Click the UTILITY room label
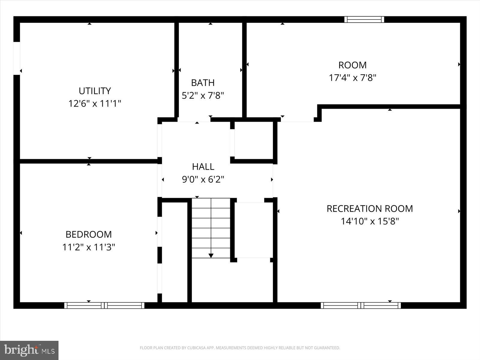click(x=95, y=91)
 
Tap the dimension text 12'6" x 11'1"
click(x=95, y=104)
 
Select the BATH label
click(x=203, y=82)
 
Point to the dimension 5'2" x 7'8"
click(x=203, y=96)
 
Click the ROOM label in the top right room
click(x=352, y=65)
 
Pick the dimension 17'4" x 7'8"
click(x=352, y=78)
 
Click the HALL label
click(x=203, y=166)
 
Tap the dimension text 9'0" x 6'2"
click(x=203, y=180)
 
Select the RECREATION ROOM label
click(x=370, y=208)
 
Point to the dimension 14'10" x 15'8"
click(x=370, y=221)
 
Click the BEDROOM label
click(x=88, y=234)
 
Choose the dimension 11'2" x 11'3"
click(x=88, y=247)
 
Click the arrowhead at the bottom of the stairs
click(x=211, y=256)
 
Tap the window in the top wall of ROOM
click(x=364, y=19)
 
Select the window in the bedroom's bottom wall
click(x=104, y=305)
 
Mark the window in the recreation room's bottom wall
click(x=361, y=305)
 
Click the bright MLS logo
click(x=29, y=350)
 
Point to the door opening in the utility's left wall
click(x=17, y=58)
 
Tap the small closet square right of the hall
click(x=253, y=140)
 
